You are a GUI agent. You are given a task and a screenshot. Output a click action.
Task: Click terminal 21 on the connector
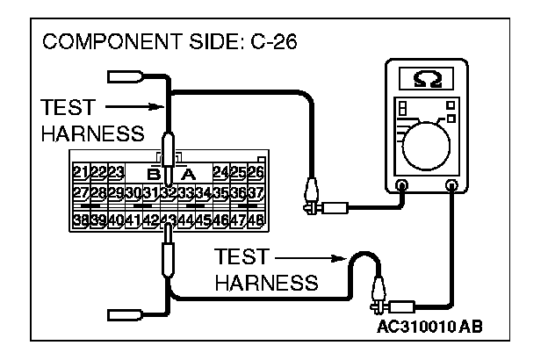[x=80, y=171]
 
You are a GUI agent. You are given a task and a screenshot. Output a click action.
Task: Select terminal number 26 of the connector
[x=256, y=171]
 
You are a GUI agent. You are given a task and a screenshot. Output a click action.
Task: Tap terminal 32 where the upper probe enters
[x=169, y=193]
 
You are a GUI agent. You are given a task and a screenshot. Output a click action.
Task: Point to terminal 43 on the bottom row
[x=169, y=220]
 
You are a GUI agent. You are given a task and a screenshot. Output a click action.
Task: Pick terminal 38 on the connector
[x=80, y=220]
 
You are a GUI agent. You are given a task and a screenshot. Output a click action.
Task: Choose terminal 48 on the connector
[x=256, y=220]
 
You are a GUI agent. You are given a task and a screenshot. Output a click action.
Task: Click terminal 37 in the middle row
[x=256, y=193]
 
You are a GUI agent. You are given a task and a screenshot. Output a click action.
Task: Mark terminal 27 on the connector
[x=80, y=193]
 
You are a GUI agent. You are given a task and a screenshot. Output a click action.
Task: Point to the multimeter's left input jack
[x=401, y=185]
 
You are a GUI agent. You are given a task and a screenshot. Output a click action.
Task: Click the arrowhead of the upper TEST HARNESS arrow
[x=158, y=109]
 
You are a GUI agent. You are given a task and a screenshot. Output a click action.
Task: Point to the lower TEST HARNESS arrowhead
[x=337, y=259]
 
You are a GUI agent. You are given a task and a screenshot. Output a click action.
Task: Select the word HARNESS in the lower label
[x=265, y=282]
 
